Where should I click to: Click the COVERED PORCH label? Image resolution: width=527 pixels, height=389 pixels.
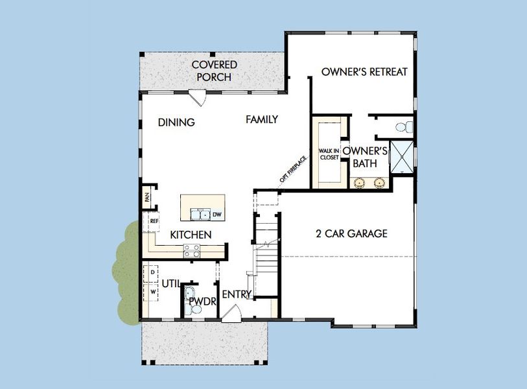click(x=214, y=71)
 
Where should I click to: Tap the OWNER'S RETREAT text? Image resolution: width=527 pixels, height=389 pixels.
click(x=364, y=72)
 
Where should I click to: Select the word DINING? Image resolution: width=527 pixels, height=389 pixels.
click(x=176, y=122)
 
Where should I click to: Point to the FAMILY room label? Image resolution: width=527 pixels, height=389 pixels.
click(x=262, y=119)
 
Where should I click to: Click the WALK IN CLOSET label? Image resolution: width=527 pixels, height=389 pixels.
click(x=329, y=154)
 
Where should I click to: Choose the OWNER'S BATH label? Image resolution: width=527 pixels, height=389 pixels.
click(x=365, y=158)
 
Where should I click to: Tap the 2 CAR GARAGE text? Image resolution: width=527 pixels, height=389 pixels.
click(x=351, y=233)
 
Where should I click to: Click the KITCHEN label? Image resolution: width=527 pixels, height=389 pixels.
click(x=191, y=235)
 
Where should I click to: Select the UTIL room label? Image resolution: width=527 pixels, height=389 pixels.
click(x=170, y=283)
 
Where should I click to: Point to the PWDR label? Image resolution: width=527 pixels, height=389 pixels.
click(x=202, y=301)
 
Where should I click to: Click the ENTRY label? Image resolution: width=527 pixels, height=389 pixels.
click(x=237, y=294)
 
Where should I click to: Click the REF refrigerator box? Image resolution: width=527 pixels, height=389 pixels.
click(x=154, y=221)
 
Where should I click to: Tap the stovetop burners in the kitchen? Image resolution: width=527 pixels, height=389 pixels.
click(x=192, y=251)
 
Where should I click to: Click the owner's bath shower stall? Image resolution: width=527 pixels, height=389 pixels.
click(x=402, y=156)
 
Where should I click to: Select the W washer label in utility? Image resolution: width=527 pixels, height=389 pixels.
click(x=152, y=292)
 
